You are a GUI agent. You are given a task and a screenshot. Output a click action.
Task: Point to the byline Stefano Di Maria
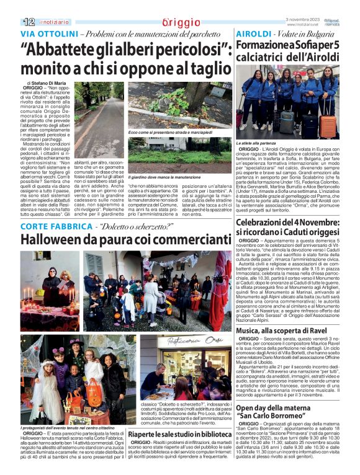click(53, 81)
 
